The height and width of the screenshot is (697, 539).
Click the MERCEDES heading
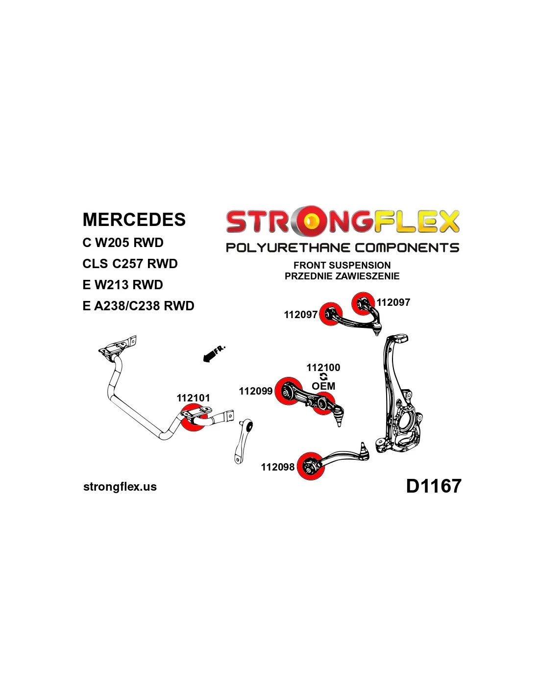point(134,220)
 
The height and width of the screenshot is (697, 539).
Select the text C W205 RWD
point(122,243)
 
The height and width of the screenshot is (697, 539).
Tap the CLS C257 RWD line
point(130,264)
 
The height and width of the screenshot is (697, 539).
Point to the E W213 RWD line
point(122,285)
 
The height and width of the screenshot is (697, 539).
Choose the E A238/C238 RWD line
point(138,306)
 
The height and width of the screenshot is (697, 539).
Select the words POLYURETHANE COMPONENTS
point(342,248)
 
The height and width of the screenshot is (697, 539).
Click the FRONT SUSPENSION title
point(342,265)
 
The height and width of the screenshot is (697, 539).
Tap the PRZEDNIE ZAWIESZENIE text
point(342,276)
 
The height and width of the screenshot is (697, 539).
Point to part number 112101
point(193,398)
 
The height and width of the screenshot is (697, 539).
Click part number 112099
point(255,391)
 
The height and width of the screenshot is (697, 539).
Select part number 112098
point(277,467)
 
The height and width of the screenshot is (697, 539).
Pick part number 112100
point(323,368)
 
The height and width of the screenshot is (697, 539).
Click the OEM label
point(323,386)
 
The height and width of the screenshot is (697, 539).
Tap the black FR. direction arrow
point(212,354)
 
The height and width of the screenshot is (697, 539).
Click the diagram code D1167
point(433,486)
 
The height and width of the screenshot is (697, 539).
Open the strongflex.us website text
point(120,487)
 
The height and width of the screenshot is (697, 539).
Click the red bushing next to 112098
point(311,466)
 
